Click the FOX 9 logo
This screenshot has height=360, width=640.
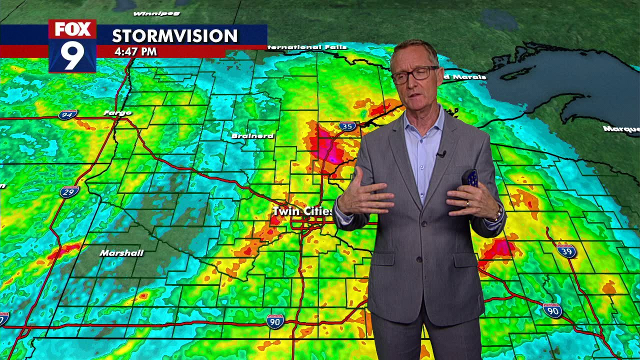click(x=72, y=46)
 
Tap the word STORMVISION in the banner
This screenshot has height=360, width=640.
click(x=174, y=36)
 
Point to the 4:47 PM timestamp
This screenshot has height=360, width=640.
click(x=135, y=51)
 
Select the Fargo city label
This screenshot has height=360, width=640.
click(x=117, y=113)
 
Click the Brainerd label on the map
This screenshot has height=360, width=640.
click(x=252, y=136)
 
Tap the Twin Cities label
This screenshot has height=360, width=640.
click(x=302, y=211)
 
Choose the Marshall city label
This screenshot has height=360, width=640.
click(x=121, y=253)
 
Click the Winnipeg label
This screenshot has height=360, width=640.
click(x=156, y=13)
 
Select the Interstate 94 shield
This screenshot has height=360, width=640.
click(x=67, y=115)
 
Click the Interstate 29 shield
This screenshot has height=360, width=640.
click(x=69, y=191)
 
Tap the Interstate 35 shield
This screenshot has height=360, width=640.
click(x=347, y=126)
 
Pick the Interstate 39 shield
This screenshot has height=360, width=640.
click(x=566, y=251)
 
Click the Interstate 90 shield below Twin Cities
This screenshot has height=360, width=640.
click(x=275, y=321)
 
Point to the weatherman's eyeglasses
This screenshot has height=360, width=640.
click(x=414, y=74)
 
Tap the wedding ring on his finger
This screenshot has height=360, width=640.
click(x=468, y=203)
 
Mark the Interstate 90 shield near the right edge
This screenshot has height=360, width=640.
click(x=552, y=310)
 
